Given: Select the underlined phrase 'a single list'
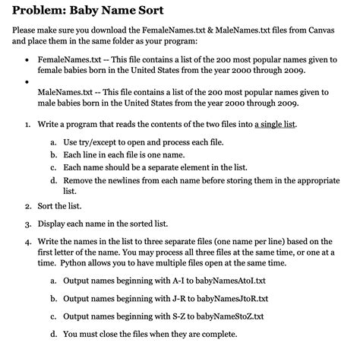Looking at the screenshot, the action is [276, 122].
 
